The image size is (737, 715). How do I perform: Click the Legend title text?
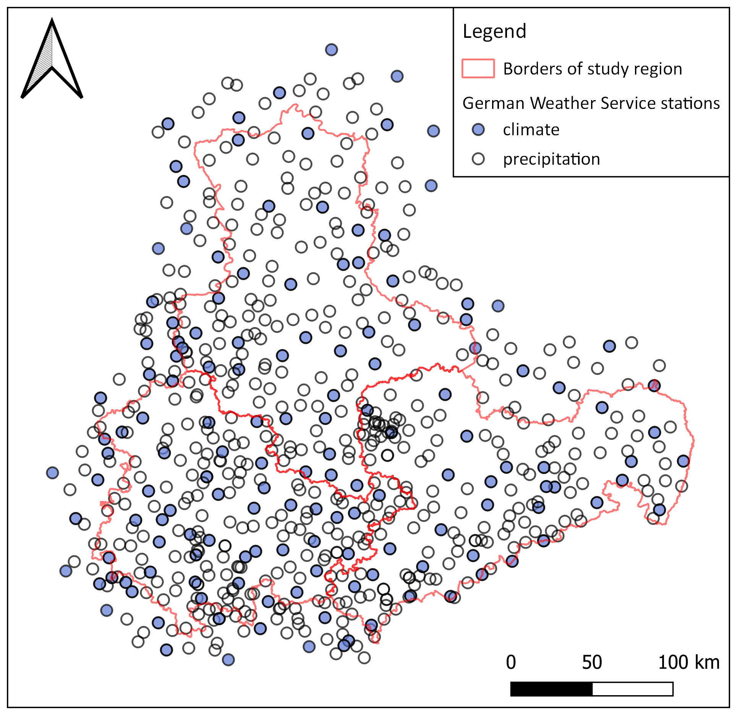click(494, 31)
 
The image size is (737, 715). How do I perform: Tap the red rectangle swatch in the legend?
click(478, 68)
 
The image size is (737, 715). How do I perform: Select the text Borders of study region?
click(592, 69)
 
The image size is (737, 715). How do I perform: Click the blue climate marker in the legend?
click(478, 130)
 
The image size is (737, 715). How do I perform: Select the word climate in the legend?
click(531, 130)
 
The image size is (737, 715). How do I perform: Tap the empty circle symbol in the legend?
click(478, 159)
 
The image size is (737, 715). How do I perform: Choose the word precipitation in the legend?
click(551, 159)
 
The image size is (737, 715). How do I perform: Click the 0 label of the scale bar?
click(511, 663)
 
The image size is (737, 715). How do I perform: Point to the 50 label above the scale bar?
click(592, 663)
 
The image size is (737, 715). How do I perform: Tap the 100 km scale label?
click(688, 663)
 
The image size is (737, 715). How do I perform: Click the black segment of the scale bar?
click(551, 689)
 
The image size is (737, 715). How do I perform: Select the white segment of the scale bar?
click(632, 689)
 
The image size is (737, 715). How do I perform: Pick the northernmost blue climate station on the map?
click(331, 50)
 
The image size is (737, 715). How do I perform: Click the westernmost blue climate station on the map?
click(52, 473)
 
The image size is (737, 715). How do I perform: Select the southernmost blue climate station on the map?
click(228, 660)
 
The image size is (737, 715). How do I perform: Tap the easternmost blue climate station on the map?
click(683, 461)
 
